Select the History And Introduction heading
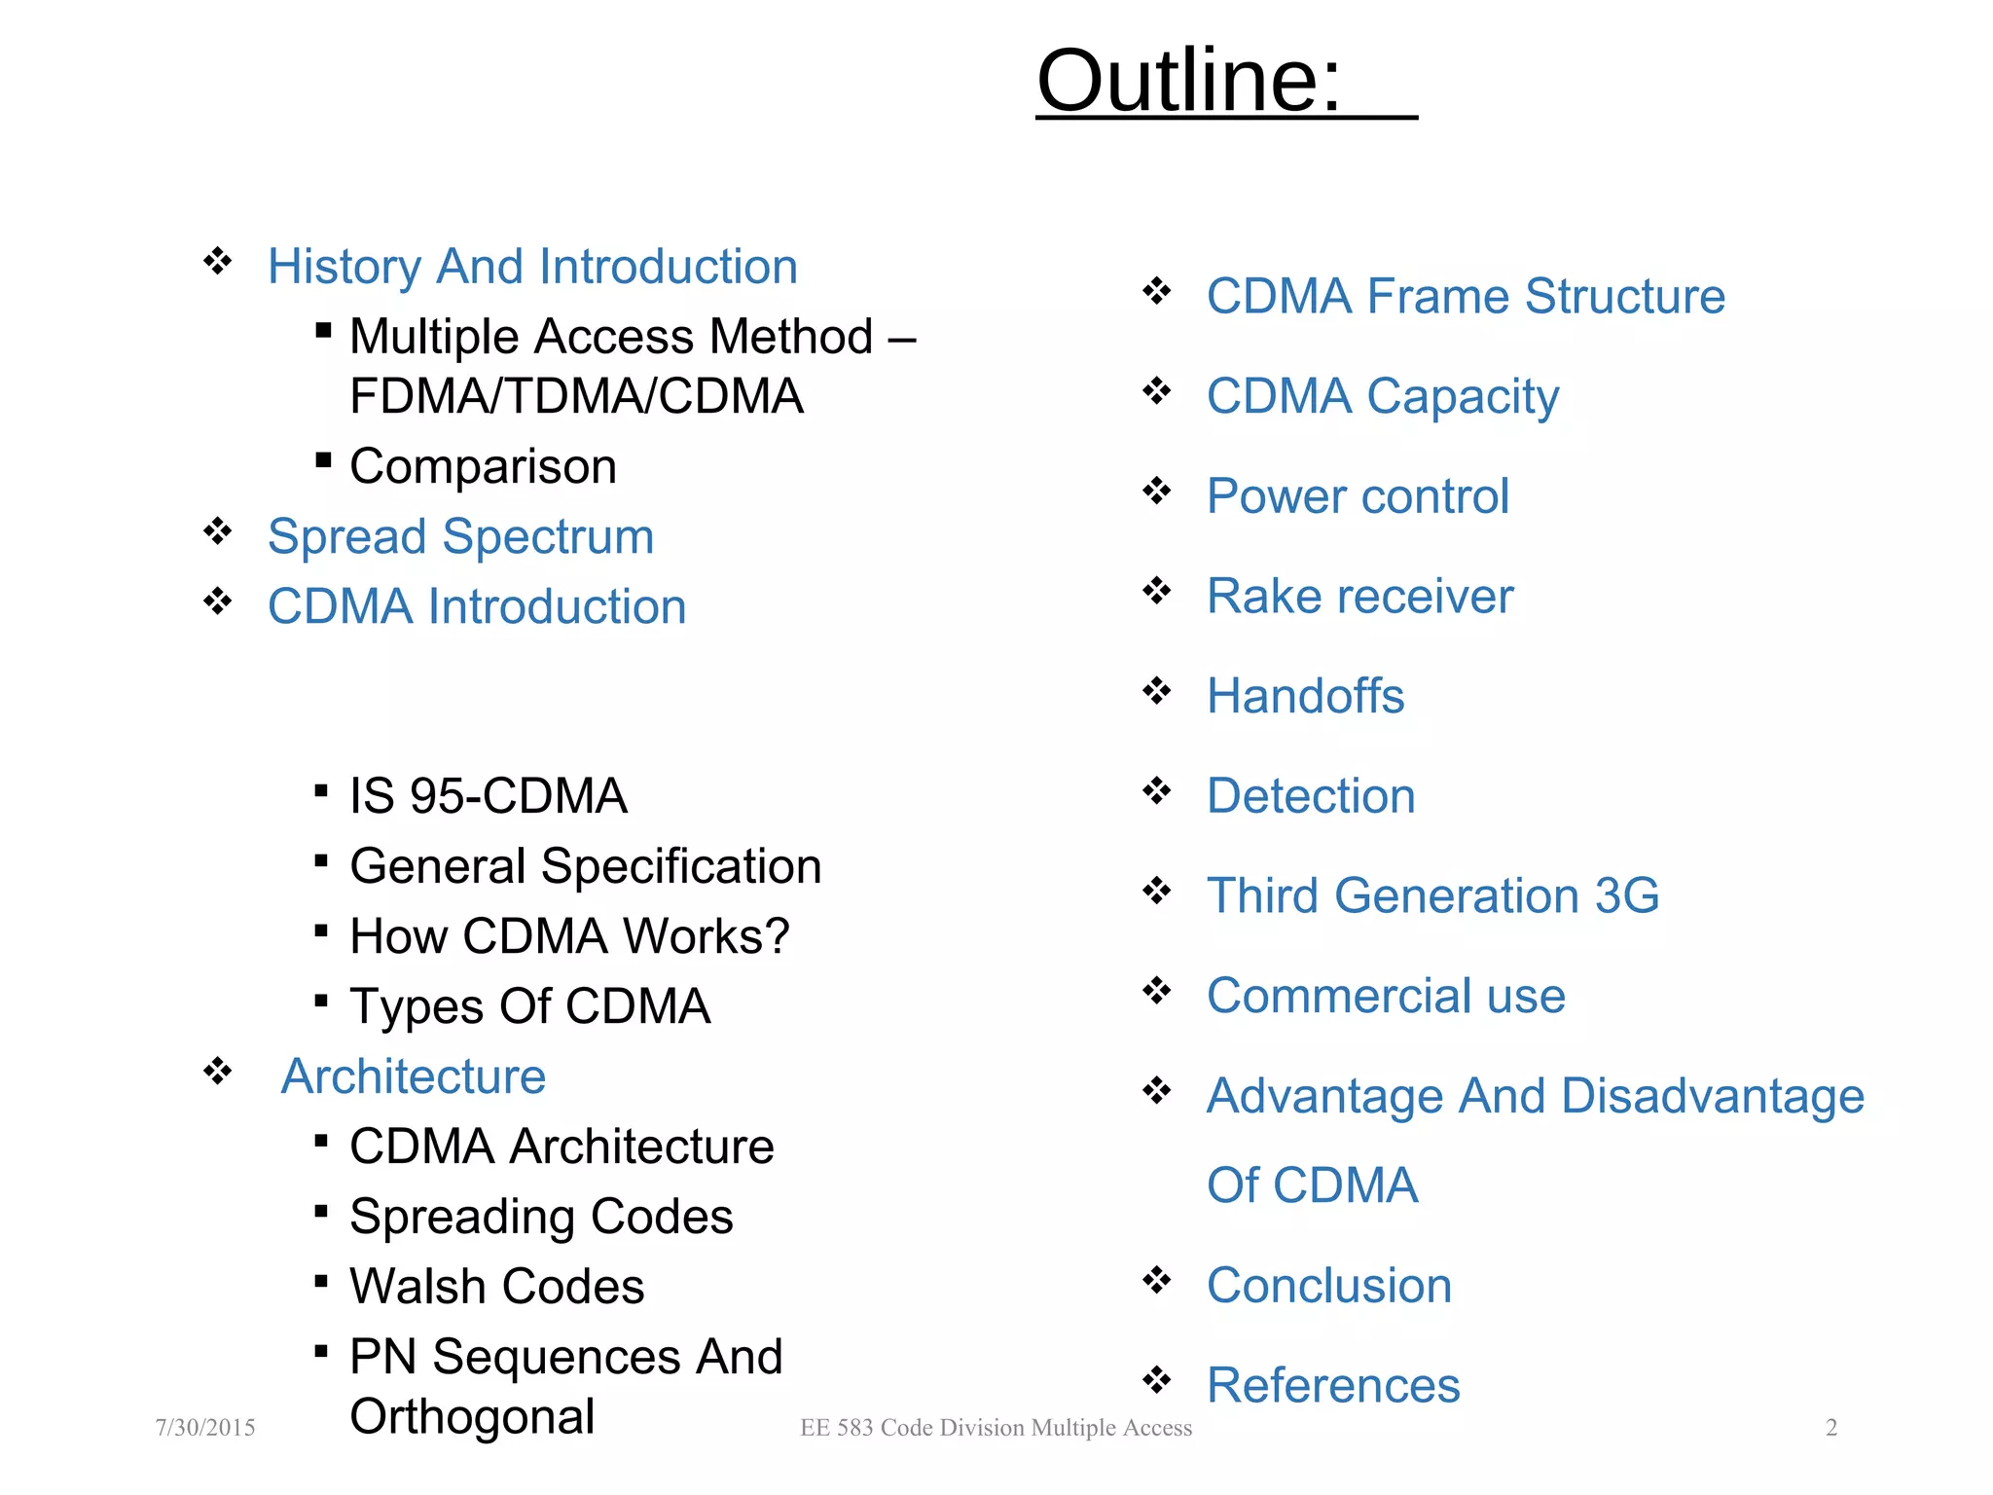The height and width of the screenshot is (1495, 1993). (532, 267)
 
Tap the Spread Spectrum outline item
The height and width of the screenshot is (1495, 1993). (460, 537)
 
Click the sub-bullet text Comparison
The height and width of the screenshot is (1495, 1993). (483, 466)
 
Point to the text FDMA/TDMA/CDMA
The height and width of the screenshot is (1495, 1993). (576, 396)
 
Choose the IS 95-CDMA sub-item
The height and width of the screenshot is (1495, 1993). (488, 796)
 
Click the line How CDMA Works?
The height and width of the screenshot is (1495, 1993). (569, 936)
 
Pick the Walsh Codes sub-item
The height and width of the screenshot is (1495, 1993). (496, 1287)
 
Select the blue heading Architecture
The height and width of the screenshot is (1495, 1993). (413, 1076)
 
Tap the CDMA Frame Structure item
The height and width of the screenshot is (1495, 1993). (1465, 297)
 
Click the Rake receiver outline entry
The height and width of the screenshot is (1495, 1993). (1359, 597)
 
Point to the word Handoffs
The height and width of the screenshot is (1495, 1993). (1305, 697)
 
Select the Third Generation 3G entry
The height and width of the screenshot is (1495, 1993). (1432, 895)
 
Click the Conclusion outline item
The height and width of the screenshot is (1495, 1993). (1328, 1286)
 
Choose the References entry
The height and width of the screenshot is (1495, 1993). (1333, 1386)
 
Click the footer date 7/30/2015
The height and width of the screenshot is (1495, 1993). (205, 1428)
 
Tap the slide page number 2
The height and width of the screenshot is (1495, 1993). (1830, 1428)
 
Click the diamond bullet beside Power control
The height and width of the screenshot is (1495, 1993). (1157, 491)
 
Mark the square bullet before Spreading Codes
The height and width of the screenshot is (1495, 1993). (321, 1211)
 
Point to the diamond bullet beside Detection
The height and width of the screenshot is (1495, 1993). (1157, 790)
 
